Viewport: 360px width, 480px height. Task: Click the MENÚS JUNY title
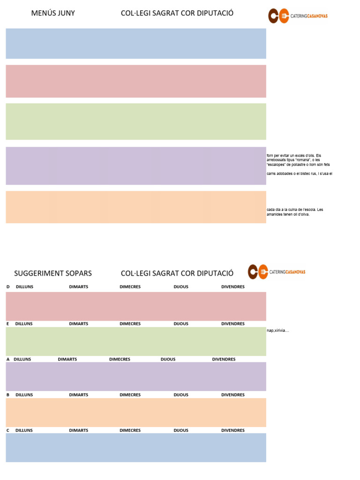[53, 13]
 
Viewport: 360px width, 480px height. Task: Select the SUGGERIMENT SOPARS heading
[53, 273]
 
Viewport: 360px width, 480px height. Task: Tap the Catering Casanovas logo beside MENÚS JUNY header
[298, 15]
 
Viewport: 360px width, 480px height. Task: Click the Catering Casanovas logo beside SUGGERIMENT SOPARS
[277, 272]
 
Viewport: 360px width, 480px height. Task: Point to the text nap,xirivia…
[278, 330]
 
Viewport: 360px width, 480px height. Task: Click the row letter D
[8, 287]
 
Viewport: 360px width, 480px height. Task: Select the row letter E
[8, 324]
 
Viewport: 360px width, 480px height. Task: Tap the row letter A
[8, 360]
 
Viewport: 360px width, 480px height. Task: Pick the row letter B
[8, 395]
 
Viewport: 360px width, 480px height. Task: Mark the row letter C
[8, 430]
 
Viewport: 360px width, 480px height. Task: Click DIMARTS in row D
[79, 287]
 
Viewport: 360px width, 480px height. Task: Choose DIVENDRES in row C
[233, 430]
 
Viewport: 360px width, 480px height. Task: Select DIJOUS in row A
[168, 360]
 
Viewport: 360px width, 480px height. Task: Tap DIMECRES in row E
[130, 324]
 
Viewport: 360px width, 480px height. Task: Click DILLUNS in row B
[24, 395]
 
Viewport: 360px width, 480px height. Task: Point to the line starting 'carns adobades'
[300, 173]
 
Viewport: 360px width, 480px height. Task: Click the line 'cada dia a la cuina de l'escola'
[295, 210]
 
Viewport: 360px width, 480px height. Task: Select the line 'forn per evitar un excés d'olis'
[294, 156]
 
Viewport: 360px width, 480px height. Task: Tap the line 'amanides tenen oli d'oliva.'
[288, 214]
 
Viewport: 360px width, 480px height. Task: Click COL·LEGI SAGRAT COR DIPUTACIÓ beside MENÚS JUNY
[177, 13]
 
